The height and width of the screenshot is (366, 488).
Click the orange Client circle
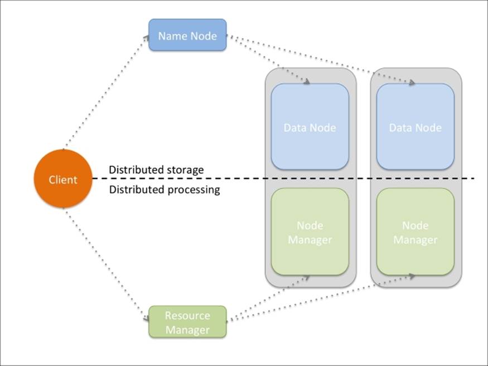[62, 179]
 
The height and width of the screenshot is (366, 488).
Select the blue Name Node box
[187, 35]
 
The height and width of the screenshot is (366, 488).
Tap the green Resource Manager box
[187, 322]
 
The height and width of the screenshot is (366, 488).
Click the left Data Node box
[310, 127]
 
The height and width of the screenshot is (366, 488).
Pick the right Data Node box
[415, 127]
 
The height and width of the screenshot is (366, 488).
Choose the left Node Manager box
[310, 232]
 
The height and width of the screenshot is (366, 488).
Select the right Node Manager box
[415, 232]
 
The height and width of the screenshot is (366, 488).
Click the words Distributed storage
[156, 170]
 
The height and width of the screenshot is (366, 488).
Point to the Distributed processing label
[164, 190]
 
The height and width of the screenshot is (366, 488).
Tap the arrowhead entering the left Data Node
[307, 83]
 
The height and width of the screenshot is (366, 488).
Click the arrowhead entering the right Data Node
[412, 83]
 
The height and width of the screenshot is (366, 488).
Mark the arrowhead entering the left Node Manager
[307, 276]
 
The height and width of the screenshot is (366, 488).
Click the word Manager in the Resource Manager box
[187, 329]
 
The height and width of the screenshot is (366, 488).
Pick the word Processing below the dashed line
[194, 190]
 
